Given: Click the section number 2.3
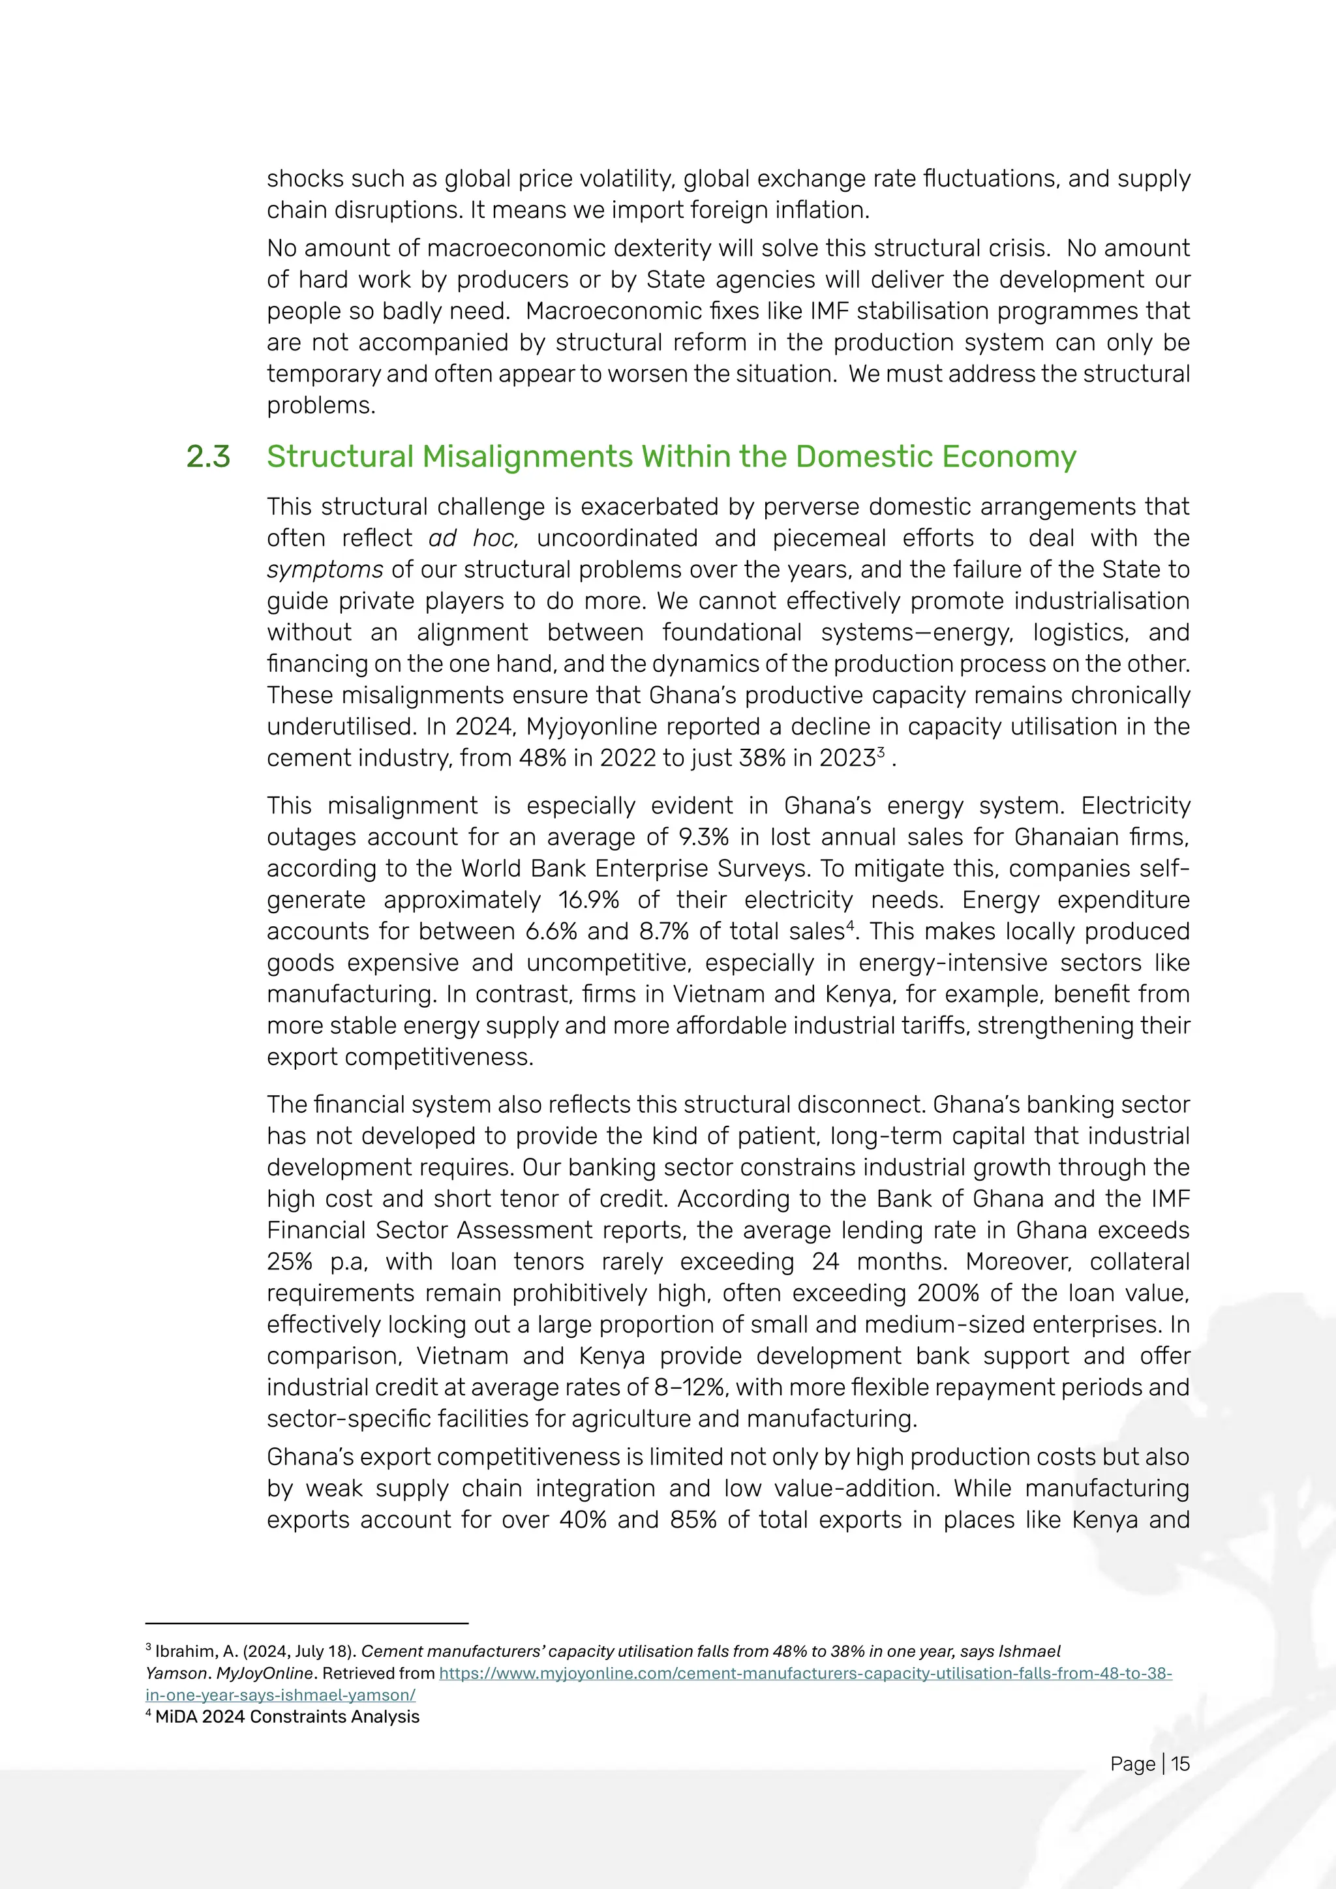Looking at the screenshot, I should [208, 457].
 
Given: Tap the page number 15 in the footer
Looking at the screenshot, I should [1181, 1764].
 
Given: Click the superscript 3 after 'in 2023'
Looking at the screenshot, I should [881, 752].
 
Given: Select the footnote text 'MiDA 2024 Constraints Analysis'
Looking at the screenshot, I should [287, 1716].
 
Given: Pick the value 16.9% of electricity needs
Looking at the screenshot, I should [588, 899].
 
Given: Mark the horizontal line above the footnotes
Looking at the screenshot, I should [306, 1624].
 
